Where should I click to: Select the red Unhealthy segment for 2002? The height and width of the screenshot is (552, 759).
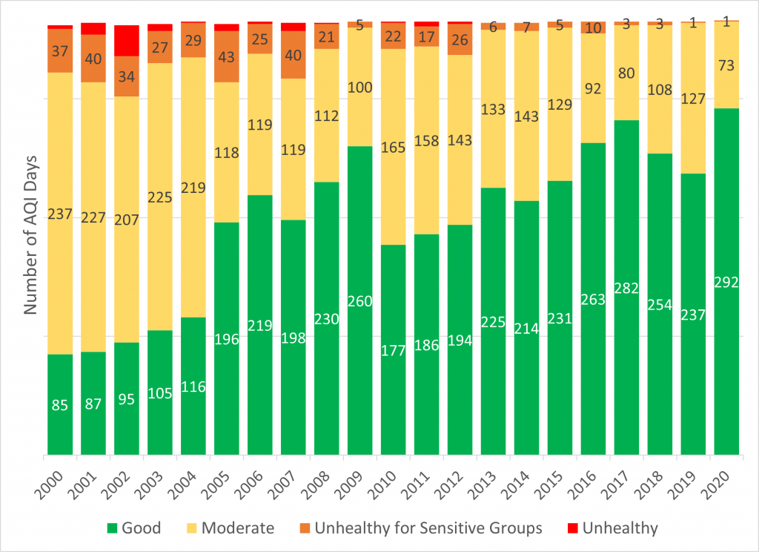127,41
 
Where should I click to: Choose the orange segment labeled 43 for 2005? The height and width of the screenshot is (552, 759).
227,56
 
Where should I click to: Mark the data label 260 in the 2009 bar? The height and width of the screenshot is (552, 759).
360,302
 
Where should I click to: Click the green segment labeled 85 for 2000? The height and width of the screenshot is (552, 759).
60,405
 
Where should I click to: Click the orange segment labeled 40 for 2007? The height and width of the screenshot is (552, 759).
294,55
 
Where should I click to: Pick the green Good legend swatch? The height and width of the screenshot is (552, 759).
112,528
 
